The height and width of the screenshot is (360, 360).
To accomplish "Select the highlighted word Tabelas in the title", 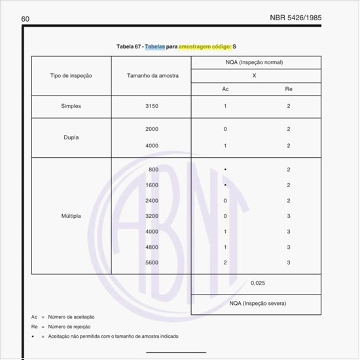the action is (x=155, y=47).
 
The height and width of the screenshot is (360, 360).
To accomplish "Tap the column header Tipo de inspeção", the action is (x=71, y=76).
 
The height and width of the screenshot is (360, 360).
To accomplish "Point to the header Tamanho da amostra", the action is (x=152, y=76).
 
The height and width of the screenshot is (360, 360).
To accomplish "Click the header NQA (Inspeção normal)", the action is (x=256, y=63).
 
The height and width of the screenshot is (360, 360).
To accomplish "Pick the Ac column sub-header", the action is (x=225, y=89).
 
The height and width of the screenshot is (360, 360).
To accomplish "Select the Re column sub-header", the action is (x=288, y=89).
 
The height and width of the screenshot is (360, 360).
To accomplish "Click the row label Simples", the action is (x=71, y=106).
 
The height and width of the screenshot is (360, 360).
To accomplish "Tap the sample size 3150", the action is (x=152, y=106).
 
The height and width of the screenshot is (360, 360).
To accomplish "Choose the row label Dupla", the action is (x=71, y=137).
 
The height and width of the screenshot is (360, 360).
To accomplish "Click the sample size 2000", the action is (x=152, y=129).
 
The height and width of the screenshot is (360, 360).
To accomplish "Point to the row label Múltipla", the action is (x=71, y=215).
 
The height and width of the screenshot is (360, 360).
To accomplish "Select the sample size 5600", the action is (x=153, y=262).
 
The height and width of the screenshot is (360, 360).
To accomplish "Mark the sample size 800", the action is (x=154, y=170).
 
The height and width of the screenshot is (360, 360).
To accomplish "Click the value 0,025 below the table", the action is (x=258, y=284).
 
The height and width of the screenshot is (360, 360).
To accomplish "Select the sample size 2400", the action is (x=153, y=200).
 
